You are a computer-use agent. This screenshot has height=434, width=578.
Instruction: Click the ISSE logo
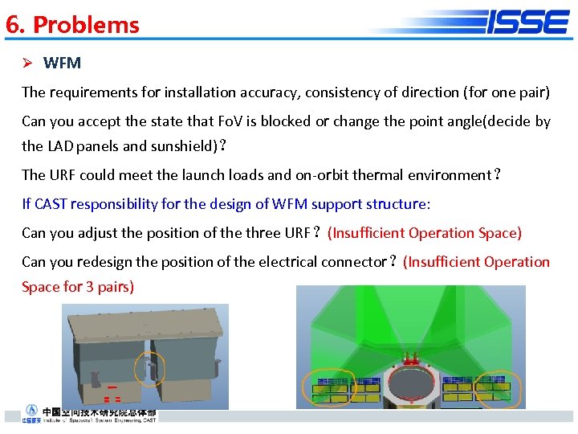527,22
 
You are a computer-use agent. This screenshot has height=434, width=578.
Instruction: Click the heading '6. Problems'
72,25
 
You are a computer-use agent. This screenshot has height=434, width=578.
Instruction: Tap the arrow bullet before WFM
27,63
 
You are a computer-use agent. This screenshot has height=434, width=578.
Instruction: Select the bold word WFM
62,63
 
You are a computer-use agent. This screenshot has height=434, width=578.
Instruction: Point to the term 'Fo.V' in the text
231,121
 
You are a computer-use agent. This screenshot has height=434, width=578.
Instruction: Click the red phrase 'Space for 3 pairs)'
78,286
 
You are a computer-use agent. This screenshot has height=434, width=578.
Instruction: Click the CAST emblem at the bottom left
31,411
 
